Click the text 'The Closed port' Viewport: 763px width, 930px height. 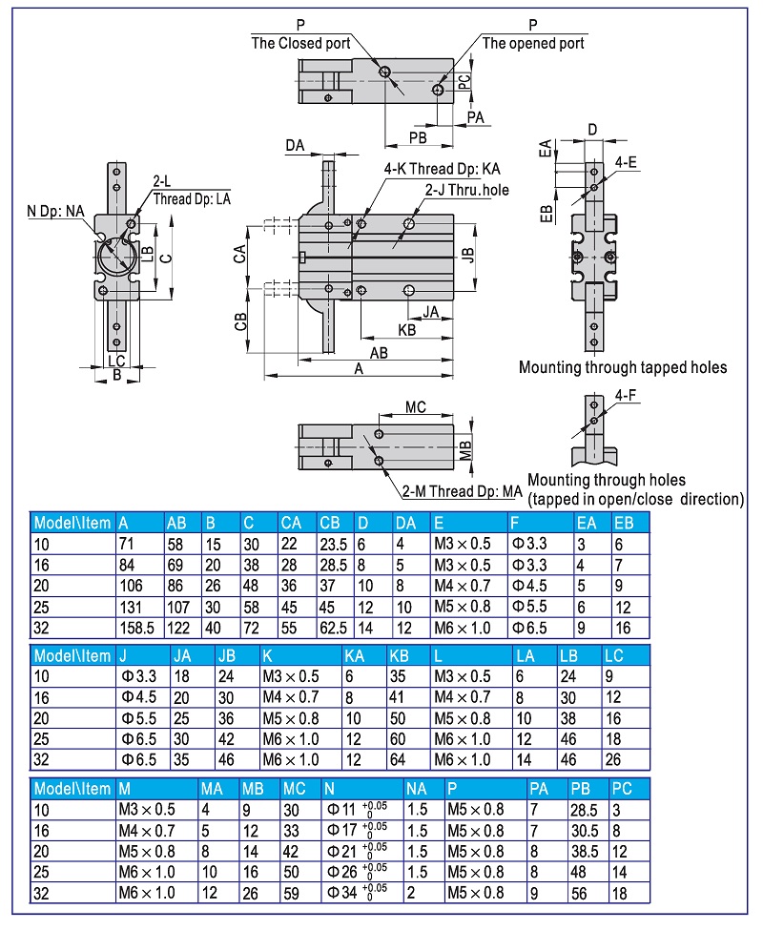300,43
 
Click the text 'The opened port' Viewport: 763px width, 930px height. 533,43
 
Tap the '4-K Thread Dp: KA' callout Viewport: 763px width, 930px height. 443,169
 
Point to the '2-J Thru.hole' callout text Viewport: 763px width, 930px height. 467,190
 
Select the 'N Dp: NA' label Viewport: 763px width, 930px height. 53,211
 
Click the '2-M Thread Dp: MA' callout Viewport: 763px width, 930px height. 463,491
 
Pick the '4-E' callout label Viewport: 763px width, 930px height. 626,163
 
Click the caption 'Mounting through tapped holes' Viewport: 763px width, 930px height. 623,367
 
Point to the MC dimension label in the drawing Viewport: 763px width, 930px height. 415,407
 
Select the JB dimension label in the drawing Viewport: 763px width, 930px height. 467,255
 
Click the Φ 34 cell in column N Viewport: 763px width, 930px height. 358,894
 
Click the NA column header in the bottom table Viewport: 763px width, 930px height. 417,789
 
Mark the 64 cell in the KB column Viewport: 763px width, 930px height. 398,760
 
